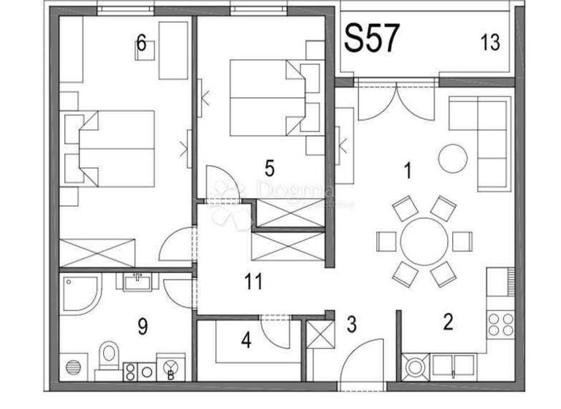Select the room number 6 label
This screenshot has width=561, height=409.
141,44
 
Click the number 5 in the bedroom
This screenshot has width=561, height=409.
270,169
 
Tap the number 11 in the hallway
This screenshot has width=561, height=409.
253,281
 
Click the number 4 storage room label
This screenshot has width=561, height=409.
246,340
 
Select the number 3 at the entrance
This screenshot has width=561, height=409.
351,324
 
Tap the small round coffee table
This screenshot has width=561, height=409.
452,157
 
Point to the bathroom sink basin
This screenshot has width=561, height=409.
136,280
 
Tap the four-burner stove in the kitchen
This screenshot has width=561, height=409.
499,323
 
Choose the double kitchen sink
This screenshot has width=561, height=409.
452,364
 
